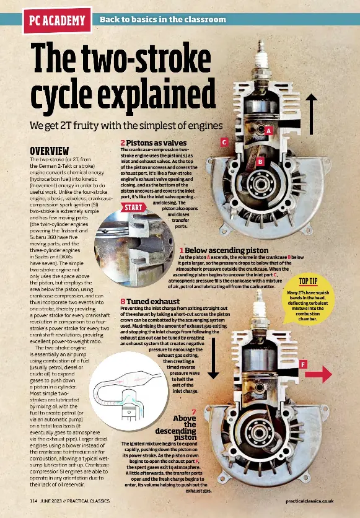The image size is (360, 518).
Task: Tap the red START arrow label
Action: click(x=134, y=207)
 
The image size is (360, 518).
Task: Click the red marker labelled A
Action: click(x=268, y=131)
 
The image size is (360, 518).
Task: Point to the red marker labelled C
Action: click(x=224, y=143)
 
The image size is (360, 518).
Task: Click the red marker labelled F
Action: click(x=303, y=364)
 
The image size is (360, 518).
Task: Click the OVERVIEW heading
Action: click(x=50, y=151)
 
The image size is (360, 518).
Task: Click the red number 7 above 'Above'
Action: click(x=193, y=411)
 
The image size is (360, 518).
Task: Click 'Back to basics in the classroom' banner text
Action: click(x=163, y=20)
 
